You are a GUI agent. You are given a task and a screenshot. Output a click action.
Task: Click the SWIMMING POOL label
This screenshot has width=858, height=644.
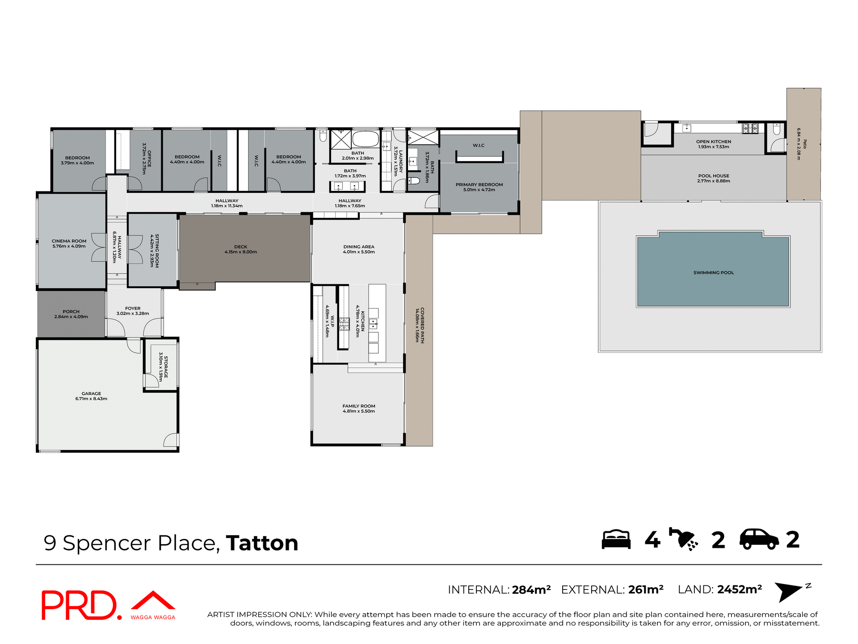[x=713, y=272]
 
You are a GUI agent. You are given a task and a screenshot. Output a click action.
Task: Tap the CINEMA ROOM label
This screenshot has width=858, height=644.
[x=69, y=241]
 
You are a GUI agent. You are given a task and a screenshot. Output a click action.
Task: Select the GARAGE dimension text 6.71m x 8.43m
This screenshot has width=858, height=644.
[x=91, y=398]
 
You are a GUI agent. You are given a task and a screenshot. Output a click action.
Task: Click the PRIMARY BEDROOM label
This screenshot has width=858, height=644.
[x=479, y=184]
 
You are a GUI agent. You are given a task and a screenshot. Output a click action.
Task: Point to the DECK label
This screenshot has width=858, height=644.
[x=240, y=247]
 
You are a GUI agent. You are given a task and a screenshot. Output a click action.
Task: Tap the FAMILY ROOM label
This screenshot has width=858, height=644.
[x=358, y=406]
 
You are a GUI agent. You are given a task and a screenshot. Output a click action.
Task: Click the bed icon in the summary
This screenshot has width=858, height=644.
[x=616, y=539]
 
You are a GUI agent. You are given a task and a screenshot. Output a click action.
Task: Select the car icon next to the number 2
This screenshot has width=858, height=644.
[x=759, y=539]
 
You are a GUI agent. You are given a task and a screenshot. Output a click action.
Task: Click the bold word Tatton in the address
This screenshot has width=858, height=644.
[x=262, y=543]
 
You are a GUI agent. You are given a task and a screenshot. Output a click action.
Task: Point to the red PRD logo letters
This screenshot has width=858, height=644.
[x=80, y=605]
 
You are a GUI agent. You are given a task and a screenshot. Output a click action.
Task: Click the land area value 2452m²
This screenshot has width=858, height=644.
[x=740, y=589]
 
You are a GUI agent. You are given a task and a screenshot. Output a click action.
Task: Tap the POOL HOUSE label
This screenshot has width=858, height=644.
[x=713, y=176]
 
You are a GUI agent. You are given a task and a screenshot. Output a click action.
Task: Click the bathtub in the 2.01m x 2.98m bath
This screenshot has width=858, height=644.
[x=366, y=139]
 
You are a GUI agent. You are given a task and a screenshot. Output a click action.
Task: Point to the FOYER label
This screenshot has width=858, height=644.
[x=133, y=308]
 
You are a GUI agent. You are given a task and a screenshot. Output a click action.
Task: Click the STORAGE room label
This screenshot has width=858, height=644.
[x=166, y=367]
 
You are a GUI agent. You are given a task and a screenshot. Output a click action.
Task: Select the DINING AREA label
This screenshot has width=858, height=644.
[x=358, y=246]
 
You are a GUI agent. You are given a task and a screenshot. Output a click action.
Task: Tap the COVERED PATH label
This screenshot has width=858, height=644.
[x=422, y=325]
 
